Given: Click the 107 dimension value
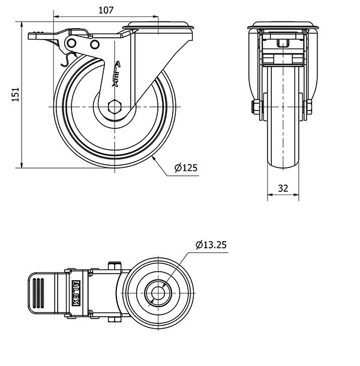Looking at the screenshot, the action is pyautogui.click(x=106, y=10).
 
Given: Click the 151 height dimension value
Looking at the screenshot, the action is pyautogui.click(x=16, y=95).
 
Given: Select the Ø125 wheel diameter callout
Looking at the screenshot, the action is pyautogui.click(x=186, y=167).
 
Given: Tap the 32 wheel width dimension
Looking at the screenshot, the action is pyautogui.click(x=283, y=188).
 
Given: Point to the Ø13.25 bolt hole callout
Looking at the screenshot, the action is pyautogui.click(x=211, y=245).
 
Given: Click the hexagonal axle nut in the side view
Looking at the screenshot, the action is pyautogui.click(x=115, y=107).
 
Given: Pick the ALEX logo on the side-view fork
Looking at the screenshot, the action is pyautogui.click(x=116, y=74).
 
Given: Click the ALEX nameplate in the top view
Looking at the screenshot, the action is pyautogui.click(x=76, y=293).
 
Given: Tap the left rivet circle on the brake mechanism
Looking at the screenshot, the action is pyautogui.click(x=71, y=43).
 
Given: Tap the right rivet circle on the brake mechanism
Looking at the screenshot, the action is pyautogui.click(x=95, y=44).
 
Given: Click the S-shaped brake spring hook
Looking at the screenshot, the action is pyautogui.click(x=68, y=59).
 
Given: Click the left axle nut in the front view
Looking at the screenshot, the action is pyautogui.click(x=256, y=107).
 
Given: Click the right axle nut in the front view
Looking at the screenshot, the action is pyautogui.click(x=308, y=107).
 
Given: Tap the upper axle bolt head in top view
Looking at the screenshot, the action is pyautogui.click(x=115, y=266).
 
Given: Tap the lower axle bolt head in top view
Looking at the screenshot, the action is pyautogui.click(x=115, y=320).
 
